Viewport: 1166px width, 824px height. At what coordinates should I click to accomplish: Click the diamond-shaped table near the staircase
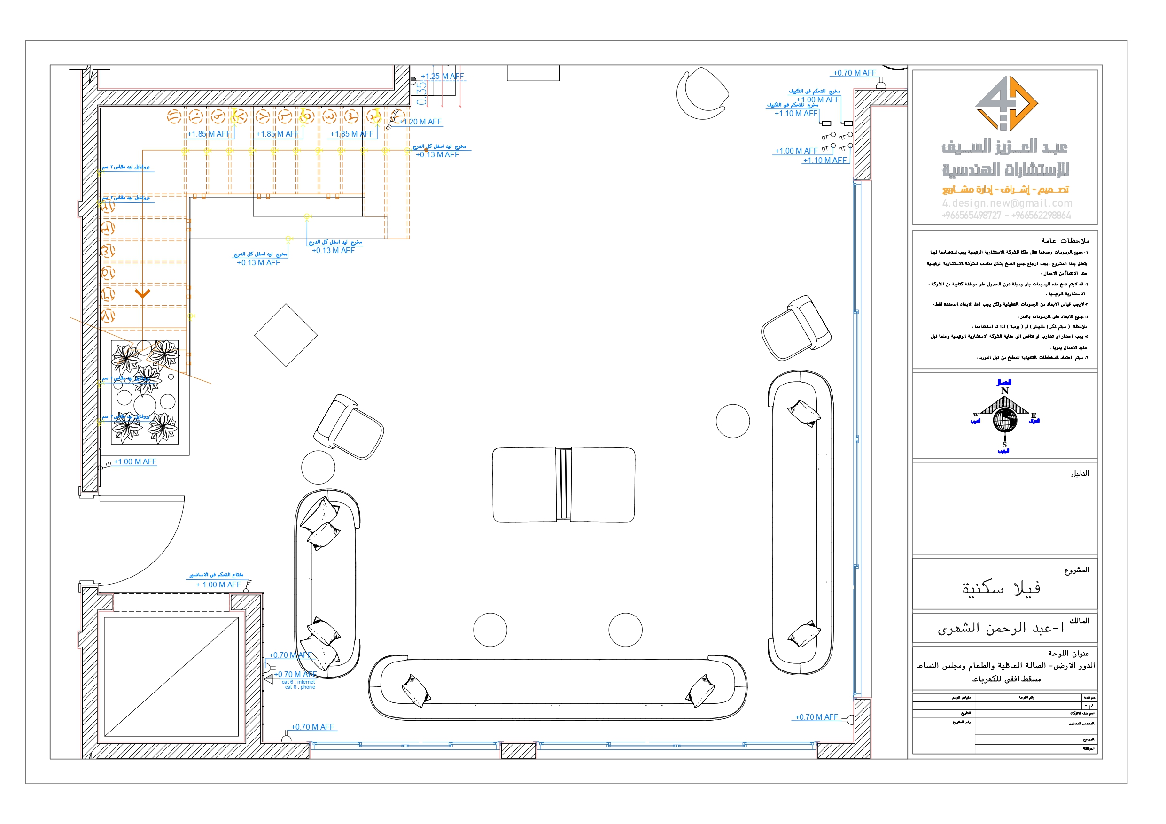[x=286, y=335]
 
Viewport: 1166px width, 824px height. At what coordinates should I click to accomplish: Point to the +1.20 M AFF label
[x=421, y=122]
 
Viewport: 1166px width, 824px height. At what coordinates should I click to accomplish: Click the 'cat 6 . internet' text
[x=298, y=682]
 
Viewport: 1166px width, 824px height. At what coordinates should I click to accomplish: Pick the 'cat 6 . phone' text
[x=300, y=687]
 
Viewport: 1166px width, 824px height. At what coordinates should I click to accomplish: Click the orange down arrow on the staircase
[x=142, y=293]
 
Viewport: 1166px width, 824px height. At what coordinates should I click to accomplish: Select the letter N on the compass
[x=1004, y=391]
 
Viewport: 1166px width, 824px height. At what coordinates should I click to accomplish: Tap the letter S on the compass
[x=1004, y=445]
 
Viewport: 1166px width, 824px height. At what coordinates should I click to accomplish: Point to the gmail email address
[x=1007, y=203]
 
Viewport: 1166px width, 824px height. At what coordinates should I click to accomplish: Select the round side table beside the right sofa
[x=732, y=420]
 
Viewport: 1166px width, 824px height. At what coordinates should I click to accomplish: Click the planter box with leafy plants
[x=145, y=392]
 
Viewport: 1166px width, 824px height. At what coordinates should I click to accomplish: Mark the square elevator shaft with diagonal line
[x=171, y=676]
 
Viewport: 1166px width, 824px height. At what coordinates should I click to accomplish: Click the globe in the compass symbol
[x=1004, y=421]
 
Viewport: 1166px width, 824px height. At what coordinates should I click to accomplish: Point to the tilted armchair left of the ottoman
[x=349, y=427]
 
